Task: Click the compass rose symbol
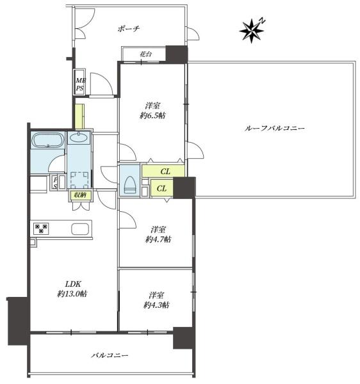(252, 31)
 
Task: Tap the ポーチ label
(129, 29)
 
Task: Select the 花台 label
(145, 54)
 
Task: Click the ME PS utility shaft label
(79, 84)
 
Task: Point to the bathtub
(48, 140)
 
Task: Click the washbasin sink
(78, 138)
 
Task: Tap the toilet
(130, 185)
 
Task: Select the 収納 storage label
(80, 195)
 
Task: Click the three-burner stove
(41, 228)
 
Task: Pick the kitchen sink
(80, 229)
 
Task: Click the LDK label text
(73, 284)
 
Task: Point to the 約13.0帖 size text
(72, 294)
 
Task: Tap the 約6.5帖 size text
(152, 115)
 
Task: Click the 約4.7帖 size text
(158, 239)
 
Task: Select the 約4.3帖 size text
(156, 305)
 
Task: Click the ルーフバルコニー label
(275, 129)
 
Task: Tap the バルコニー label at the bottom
(110, 355)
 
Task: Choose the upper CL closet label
(165, 172)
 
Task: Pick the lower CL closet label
(161, 189)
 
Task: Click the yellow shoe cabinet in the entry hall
(79, 116)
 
